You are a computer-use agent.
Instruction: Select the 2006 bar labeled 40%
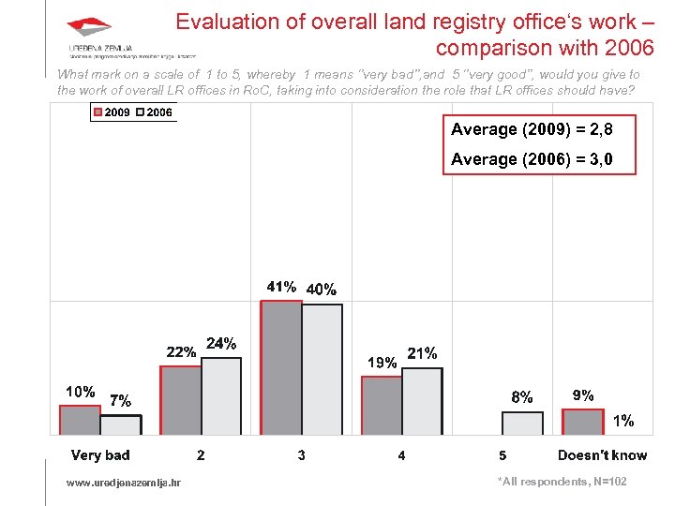pyautogui.click(x=322, y=369)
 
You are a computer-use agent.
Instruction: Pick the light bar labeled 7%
pyautogui.click(x=120, y=424)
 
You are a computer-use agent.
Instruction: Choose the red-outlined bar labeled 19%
pyautogui.click(x=382, y=405)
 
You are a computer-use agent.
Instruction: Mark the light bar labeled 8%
pyautogui.click(x=522, y=423)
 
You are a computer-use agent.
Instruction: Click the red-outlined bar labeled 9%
pyautogui.click(x=582, y=422)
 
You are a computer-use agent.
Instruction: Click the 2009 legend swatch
pyautogui.click(x=97, y=112)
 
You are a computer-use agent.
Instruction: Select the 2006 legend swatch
pyautogui.click(x=140, y=112)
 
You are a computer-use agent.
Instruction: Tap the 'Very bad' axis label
pyautogui.click(x=100, y=455)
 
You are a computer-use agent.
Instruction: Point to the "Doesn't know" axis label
pyautogui.click(x=602, y=455)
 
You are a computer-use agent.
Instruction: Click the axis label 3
pyautogui.click(x=301, y=455)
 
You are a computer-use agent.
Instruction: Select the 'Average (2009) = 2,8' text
pyautogui.click(x=532, y=129)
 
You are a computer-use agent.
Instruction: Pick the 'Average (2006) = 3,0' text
pyautogui.click(x=532, y=159)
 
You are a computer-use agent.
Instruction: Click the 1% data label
pyautogui.click(x=623, y=421)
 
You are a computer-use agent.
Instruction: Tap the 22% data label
pyautogui.click(x=181, y=352)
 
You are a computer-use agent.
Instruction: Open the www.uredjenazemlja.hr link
pyautogui.click(x=124, y=483)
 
